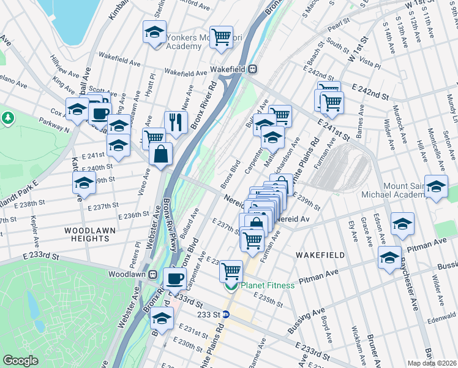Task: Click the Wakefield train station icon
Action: pos(252,70)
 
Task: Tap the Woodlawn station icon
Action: pos(152,274)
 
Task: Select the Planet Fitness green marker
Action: pos(231,286)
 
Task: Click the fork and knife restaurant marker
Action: pos(175,122)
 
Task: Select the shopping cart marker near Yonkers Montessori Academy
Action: pos(220,36)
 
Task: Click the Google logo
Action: pos(20,361)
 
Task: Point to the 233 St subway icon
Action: pos(225,314)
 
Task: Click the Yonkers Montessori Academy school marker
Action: pos(154,31)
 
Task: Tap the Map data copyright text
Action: pos(432,363)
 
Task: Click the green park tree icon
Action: pos(8,117)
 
